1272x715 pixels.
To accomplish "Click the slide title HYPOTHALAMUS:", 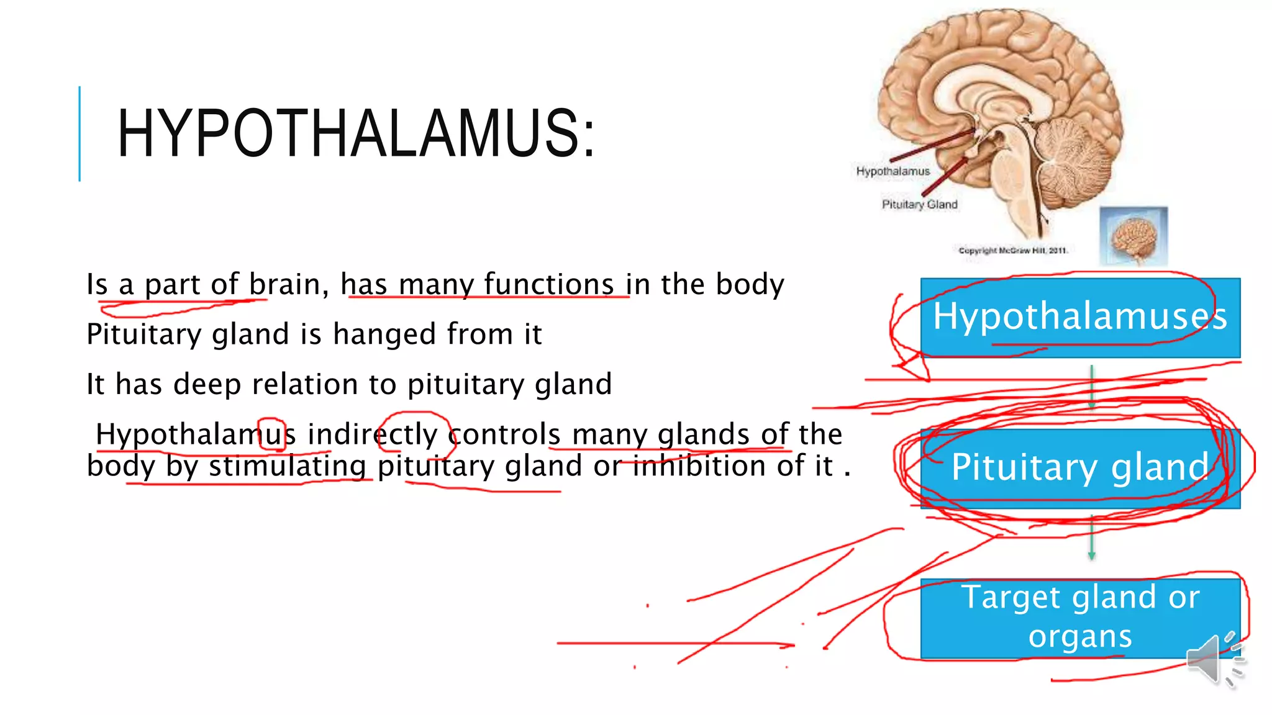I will [356, 133].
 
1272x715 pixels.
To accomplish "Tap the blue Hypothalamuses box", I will [1080, 317].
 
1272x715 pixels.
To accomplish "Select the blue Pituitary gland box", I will [1080, 469].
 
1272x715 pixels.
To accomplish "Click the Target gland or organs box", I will [1080, 618].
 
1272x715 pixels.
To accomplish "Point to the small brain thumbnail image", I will [1133, 236].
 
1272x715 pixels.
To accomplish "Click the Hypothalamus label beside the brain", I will [893, 171].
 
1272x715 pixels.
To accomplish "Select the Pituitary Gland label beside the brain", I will [919, 204].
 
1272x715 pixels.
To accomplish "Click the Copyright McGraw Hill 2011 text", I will [1012, 251].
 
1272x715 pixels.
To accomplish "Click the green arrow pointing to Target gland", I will [1092, 537].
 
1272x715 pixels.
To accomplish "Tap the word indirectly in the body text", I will [373, 434].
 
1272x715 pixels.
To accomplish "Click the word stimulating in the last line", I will [287, 466].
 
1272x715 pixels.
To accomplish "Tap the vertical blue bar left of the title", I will [79, 133].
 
